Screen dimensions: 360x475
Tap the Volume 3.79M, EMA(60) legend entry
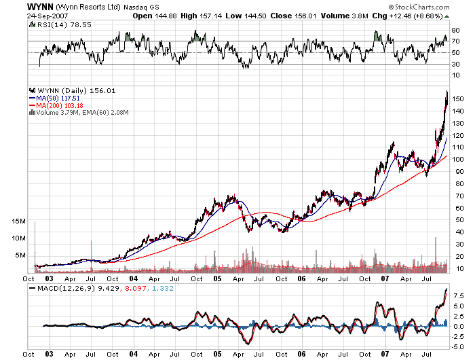[x=81, y=113]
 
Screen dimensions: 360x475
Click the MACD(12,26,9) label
[x=65, y=290]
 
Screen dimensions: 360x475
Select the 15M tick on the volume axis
[x=18, y=222]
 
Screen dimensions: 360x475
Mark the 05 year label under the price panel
[x=218, y=278]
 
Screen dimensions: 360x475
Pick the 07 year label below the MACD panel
[x=384, y=354]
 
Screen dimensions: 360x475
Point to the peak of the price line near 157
[x=446, y=91]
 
